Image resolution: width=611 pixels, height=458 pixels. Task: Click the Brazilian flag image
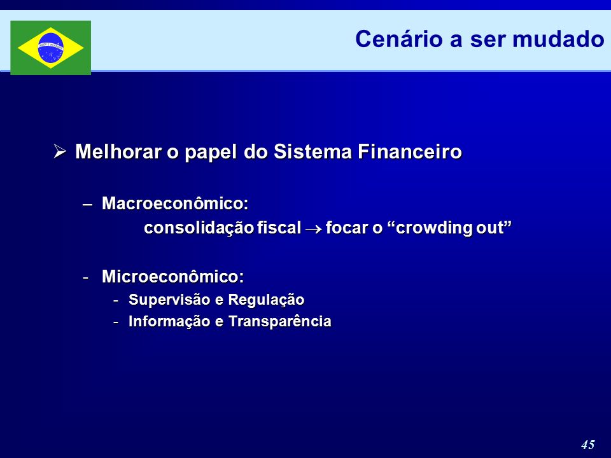pos(51,48)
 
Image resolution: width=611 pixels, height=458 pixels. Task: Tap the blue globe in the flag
pos(51,48)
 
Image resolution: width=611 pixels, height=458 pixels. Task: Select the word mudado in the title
pos(558,39)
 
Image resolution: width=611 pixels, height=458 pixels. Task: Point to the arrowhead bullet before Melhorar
pos(60,151)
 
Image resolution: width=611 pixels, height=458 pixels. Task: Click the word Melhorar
pos(118,151)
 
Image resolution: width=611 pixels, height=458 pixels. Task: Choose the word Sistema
pos(313,151)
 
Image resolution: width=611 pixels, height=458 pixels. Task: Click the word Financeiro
pos(410,151)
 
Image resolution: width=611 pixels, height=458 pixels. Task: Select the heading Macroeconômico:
pos(175,204)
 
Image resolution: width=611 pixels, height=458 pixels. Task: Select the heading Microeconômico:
pos(173,277)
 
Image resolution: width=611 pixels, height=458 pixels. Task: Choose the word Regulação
pos(266,300)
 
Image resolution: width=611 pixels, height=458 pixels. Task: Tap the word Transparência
pos(280,322)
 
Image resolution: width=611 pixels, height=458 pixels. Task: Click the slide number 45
pos(588,445)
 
